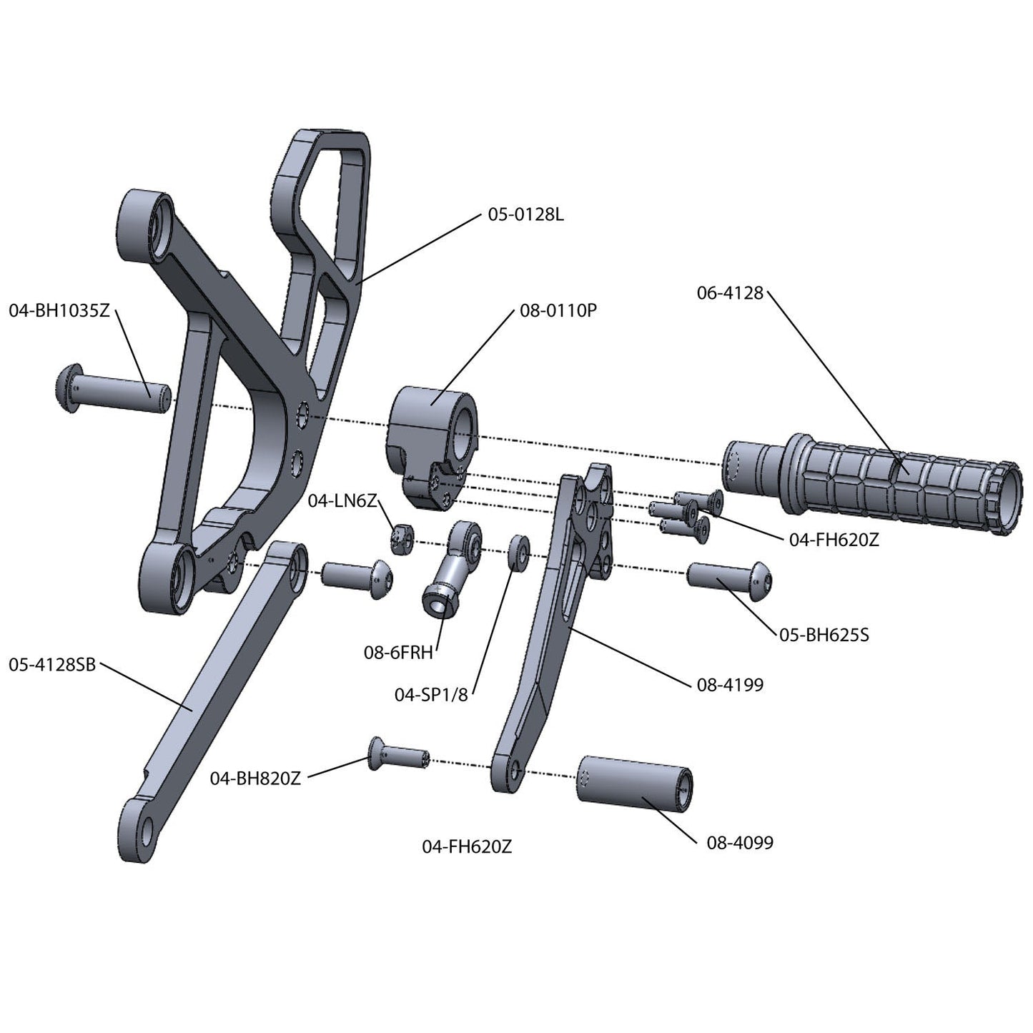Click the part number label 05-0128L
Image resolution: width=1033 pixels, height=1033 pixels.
click(526, 214)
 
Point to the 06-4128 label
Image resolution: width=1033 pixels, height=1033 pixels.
click(730, 293)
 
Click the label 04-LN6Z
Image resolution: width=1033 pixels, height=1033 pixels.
click(342, 501)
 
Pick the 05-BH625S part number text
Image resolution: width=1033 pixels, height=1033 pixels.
click(824, 634)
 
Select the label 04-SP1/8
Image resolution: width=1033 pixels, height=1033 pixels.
click(431, 694)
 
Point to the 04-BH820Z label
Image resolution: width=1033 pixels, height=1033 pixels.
click(255, 779)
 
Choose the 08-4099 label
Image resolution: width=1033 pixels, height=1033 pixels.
click(740, 843)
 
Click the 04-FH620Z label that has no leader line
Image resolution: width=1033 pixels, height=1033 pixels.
click(467, 847)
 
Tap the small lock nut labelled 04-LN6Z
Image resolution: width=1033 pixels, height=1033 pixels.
click(402, 539)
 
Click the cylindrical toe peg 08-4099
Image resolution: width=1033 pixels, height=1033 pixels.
click(635, 784)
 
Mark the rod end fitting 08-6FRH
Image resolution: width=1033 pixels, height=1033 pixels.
click(454, 572)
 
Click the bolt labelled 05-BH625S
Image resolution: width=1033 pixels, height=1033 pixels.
click(729, 576)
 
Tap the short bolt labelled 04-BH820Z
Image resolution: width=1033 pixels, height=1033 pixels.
click(397, 754)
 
